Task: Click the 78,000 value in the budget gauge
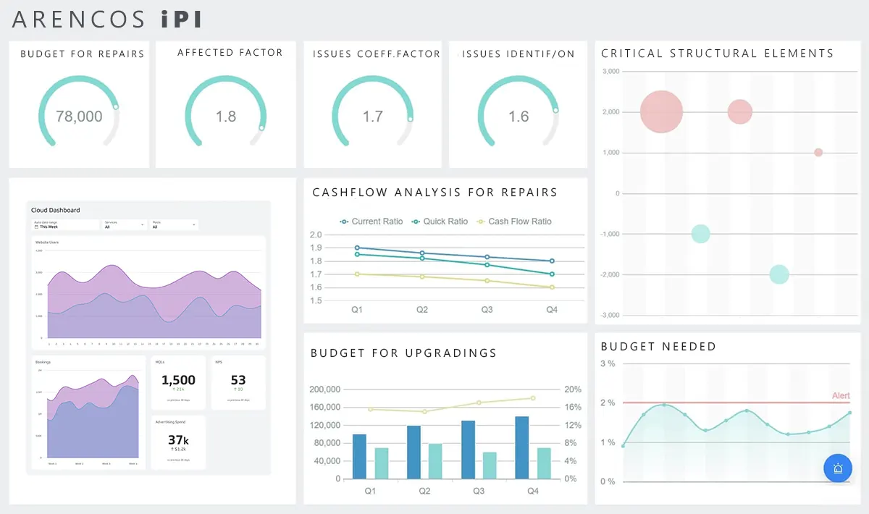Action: (x=79, y=117)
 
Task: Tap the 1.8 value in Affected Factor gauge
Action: (x=226, y=117)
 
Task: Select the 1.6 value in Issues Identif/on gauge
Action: (x=519, y=117)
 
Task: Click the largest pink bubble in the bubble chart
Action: (x=661, y=112)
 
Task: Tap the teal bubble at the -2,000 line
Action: (x=778, y=274)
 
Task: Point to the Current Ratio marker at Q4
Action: (x=552, y=261)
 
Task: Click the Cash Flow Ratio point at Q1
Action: (x=357, y=274)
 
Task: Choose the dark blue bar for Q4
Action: (x=521, y=447)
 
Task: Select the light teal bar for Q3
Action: (x=489, y=465)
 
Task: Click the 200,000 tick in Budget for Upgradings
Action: (x=324, y=389)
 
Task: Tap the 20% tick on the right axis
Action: (x=571, y=389)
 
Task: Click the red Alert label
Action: (x=840, y=395)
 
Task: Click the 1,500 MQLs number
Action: (x=178, y=380)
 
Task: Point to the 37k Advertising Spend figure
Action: (x=178, y=439)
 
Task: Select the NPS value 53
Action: (x=238, y=380)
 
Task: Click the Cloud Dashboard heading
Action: (x=56, y=210)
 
